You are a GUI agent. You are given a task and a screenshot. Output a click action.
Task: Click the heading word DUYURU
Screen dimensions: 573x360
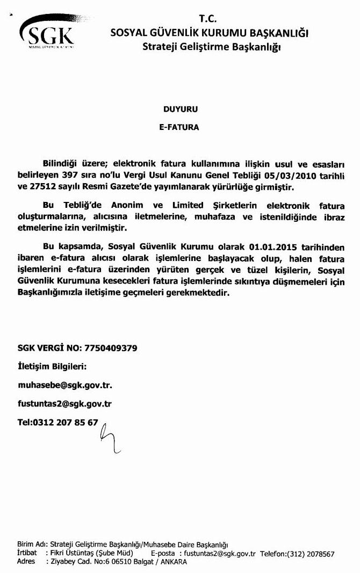(181, 109)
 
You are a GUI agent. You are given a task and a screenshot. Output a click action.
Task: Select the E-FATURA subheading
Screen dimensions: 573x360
(180, 128)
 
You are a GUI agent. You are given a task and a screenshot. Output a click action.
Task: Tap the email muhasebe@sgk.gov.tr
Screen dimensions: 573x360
(65, 385)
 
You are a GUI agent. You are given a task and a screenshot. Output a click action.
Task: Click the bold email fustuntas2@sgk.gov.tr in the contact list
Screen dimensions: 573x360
(65, 404)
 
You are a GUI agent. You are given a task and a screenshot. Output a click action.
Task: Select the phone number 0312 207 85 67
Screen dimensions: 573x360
(65, 422)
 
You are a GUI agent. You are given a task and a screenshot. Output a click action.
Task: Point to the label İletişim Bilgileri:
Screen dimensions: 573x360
(52, 367)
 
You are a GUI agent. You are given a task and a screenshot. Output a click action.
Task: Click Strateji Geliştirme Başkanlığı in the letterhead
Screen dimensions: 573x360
(212, 47)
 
